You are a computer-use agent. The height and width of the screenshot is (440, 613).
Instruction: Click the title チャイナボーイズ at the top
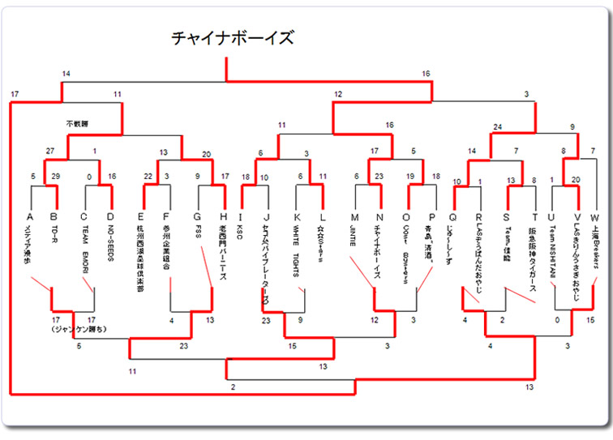(232, 38)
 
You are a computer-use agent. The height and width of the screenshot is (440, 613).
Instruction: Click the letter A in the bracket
(30, 216)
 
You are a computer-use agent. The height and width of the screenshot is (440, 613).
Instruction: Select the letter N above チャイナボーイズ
(379, 216)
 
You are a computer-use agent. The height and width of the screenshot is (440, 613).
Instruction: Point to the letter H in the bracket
(223, 216)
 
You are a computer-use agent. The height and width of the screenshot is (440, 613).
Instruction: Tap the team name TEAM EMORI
(84, 246)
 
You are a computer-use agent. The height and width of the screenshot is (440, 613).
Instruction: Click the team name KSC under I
(240, 233)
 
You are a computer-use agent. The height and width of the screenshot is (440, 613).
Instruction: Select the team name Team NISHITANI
(552, 252)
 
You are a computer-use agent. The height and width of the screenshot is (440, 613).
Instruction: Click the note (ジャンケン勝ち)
(78, 330)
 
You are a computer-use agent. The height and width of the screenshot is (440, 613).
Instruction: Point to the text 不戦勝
(76, 124)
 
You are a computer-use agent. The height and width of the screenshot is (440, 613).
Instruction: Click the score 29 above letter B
(57, 176)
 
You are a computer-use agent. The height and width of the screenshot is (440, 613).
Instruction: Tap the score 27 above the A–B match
(50, 152)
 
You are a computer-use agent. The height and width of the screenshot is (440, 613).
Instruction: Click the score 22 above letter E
(148, 176)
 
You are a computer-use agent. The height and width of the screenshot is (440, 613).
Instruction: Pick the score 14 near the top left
(66, 75)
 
